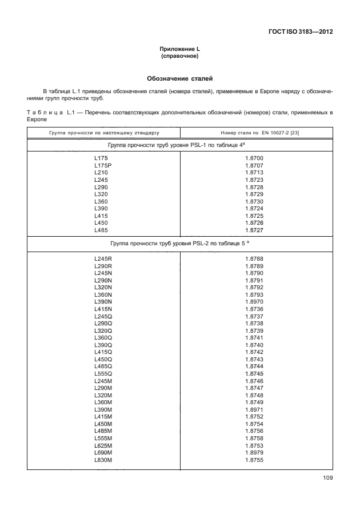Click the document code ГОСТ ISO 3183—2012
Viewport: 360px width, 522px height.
[300, 32]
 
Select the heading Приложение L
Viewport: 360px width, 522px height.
[180, 51]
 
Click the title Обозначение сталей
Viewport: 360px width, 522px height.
[180, 78]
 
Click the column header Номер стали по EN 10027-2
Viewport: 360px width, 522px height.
[254, 133]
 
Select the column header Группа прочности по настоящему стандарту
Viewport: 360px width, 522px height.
[103, 133]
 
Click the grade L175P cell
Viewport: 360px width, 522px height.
[102, 165]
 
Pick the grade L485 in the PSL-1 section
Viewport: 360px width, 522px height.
[101, 230]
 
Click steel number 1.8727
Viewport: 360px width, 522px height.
[254, 230]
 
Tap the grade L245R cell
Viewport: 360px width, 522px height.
[103, 259]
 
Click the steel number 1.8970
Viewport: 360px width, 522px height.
[254, 301]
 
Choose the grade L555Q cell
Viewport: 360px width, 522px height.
[103, 373]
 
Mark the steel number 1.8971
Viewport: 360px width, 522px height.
[254, 410]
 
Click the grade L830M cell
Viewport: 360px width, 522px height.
[103, 460]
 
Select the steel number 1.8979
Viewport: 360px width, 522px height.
[254, 453]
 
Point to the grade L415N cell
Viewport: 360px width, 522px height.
[103, 309]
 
